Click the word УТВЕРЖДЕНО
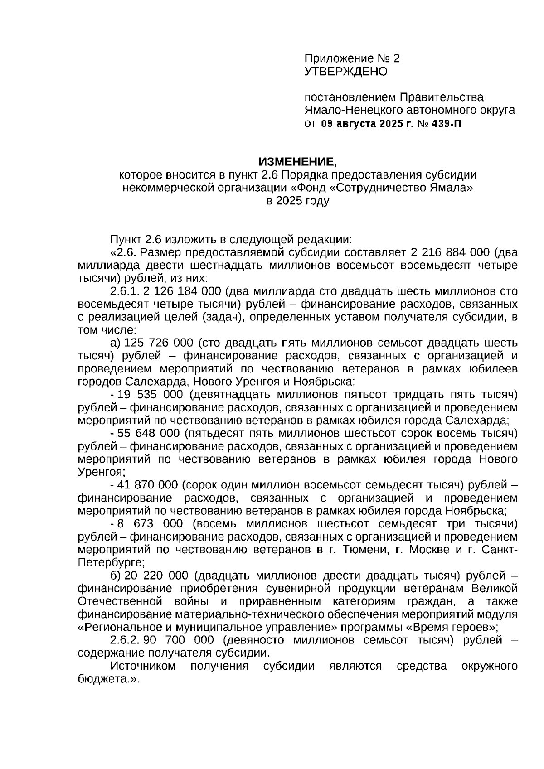[x=345, y=72]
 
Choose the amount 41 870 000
[x=147, y=485]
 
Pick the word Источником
[x=143, y=666]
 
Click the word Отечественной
[x=120, y=602]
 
